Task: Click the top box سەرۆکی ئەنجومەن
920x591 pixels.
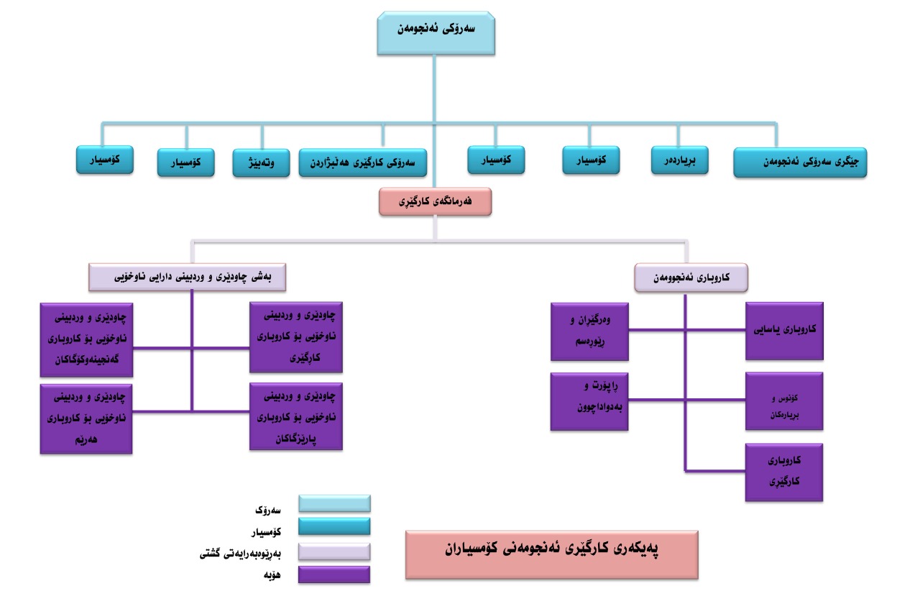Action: click(436, 33)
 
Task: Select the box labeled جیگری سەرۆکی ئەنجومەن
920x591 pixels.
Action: click(800, 162)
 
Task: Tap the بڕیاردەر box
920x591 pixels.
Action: click(679, 160)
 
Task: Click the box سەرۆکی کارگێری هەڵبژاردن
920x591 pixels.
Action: click(363, 162)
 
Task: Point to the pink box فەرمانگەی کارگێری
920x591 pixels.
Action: click(435, 202)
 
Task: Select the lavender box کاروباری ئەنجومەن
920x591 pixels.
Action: click(691, 277)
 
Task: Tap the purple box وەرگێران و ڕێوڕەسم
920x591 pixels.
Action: click(589, 331)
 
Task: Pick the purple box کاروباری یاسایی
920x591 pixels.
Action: click(784, 331)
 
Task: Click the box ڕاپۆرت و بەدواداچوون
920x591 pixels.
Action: click(589, 401)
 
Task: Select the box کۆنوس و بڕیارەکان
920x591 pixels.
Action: click(784, 401)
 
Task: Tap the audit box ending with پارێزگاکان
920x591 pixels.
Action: click(295, 416)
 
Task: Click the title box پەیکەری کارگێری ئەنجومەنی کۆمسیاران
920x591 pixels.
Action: click(551, 554)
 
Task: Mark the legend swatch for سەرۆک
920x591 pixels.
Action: click(334, 503)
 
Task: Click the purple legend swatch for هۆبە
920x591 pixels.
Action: click(334, 574)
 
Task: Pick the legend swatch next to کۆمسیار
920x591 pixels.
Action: click(334, 526)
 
